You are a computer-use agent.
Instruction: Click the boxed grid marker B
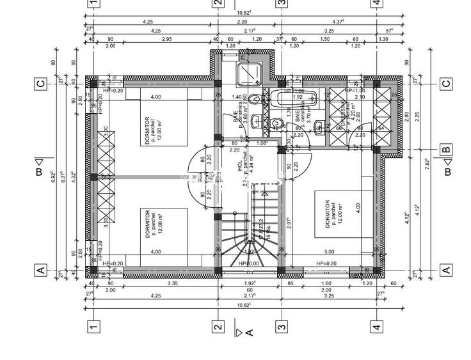tap(446, 150)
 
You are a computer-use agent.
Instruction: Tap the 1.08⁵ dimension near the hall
tap(260, 143)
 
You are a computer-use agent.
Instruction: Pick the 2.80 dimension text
tap(406, 116)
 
